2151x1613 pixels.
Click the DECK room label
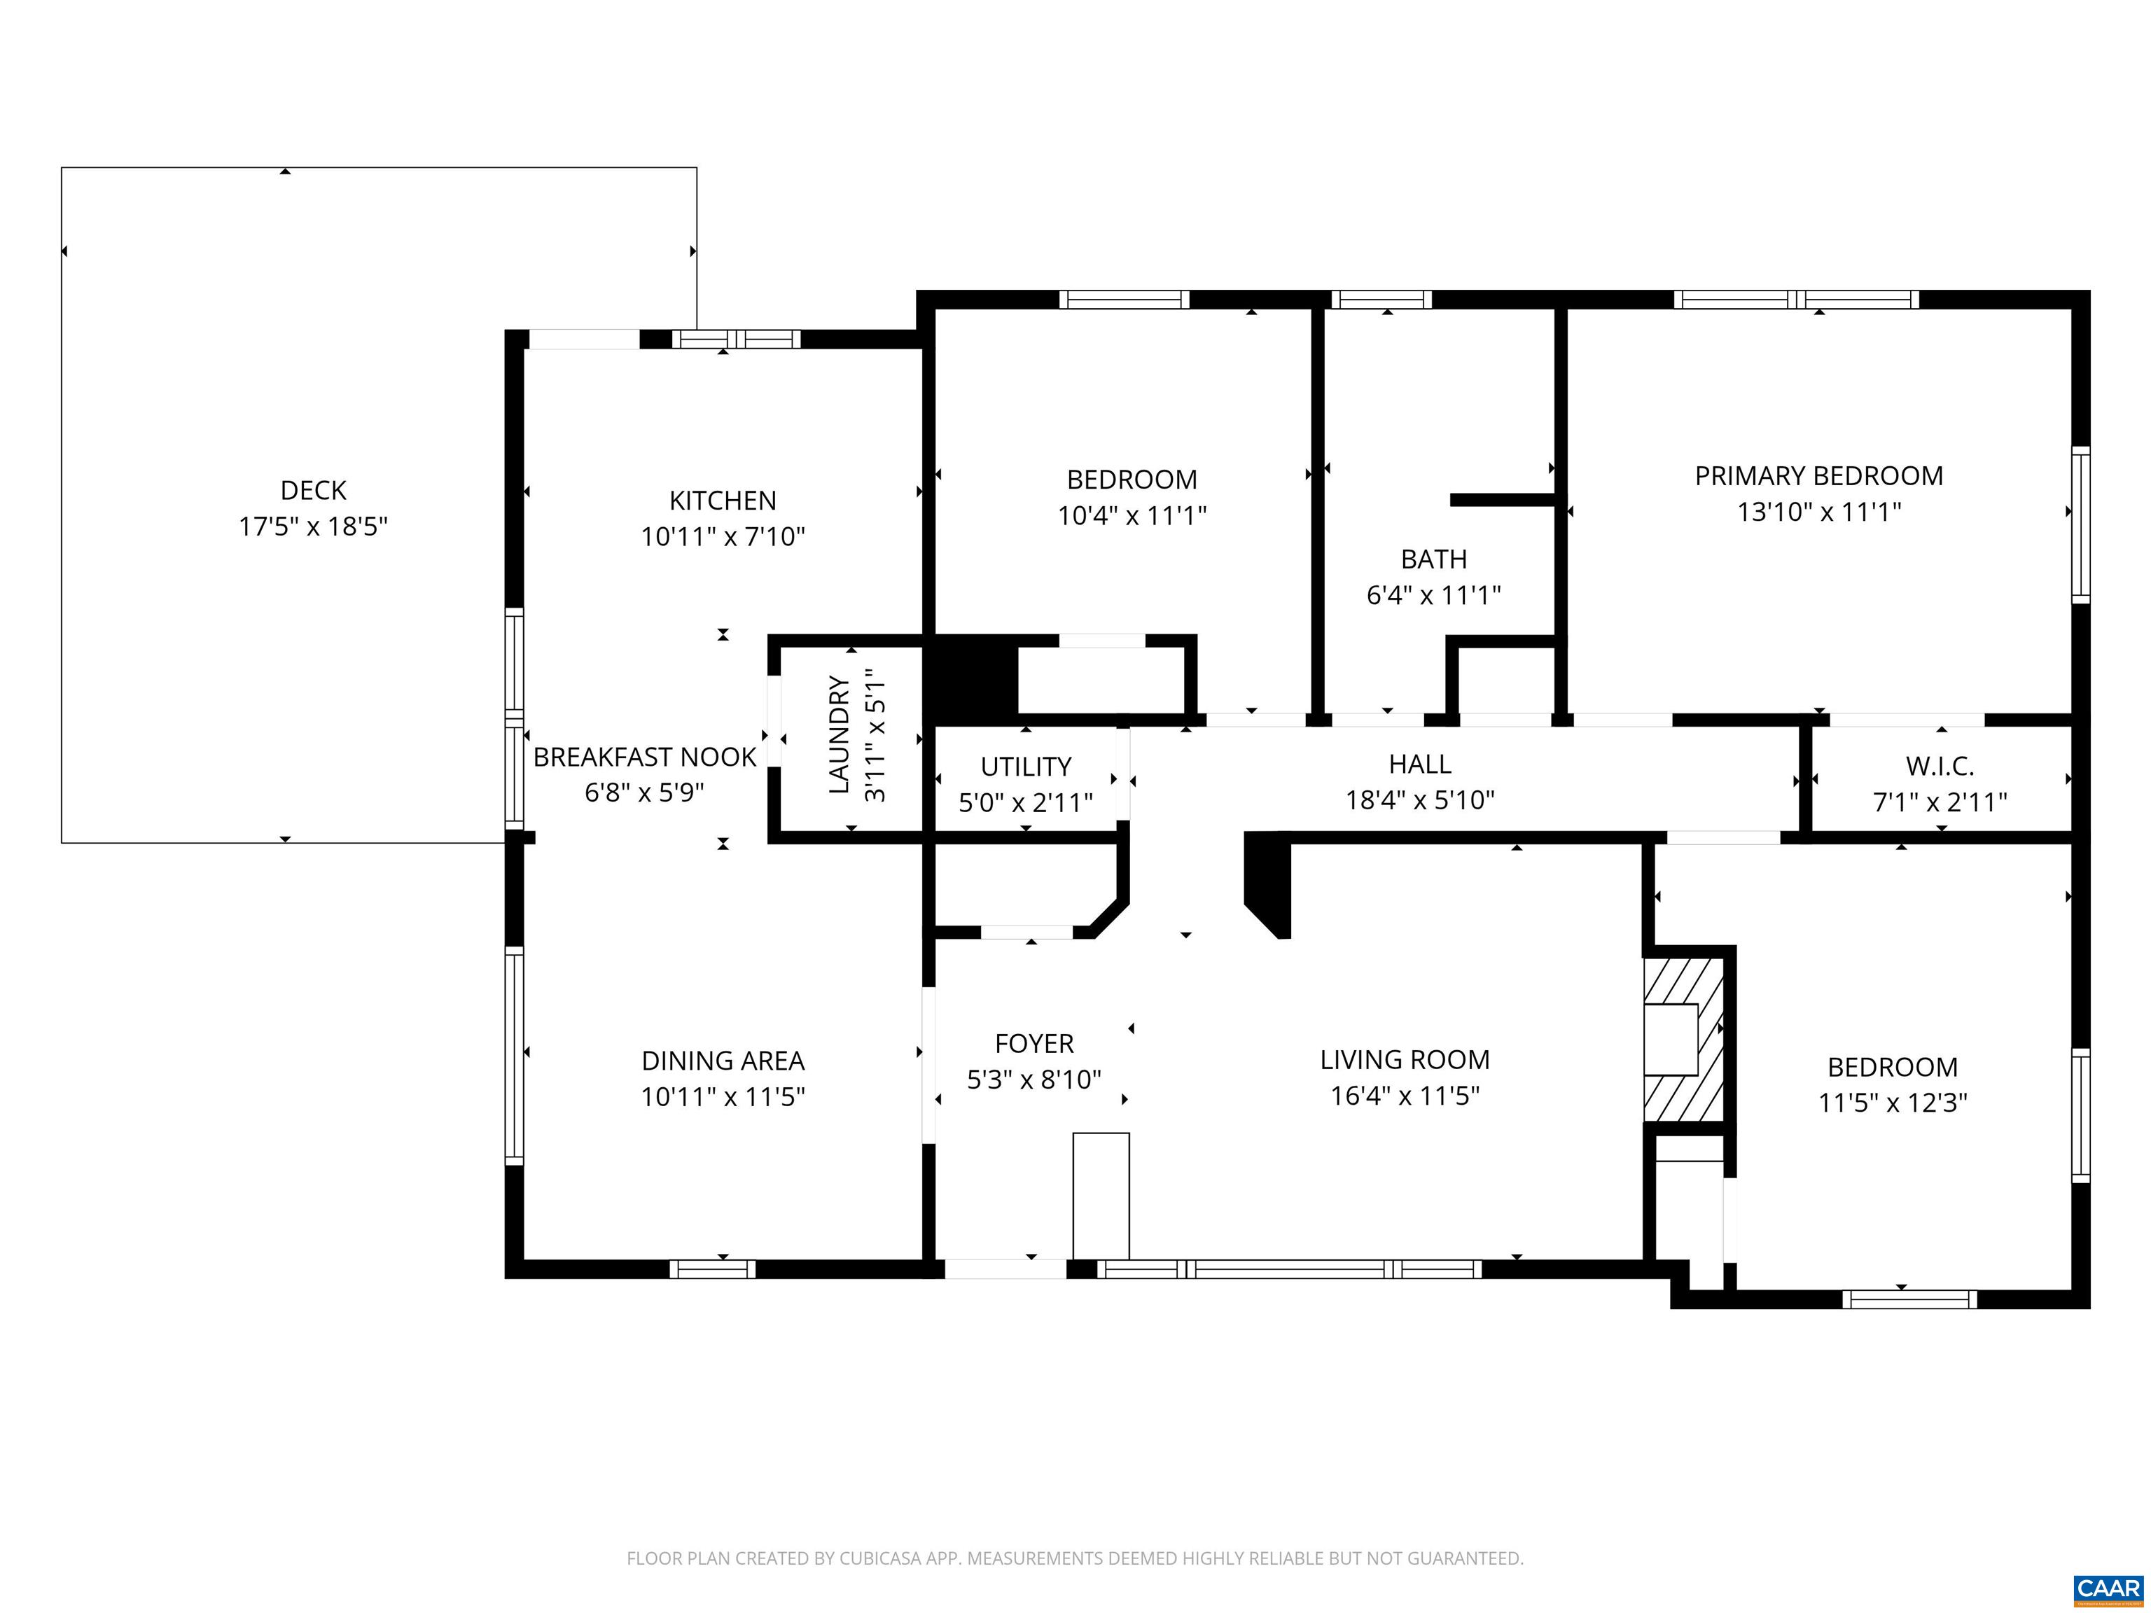click(313, 490)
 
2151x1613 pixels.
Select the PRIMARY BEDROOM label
click(1818, 475)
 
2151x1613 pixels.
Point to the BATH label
click(1433, 559)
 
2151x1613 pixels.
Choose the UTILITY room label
click(1025, 766)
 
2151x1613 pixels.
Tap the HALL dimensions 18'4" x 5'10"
click(1419, 800)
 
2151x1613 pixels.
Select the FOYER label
click(1033, 1043)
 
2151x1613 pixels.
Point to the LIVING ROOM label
click(1404, 1060)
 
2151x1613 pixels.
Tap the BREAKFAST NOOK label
click(643, 756)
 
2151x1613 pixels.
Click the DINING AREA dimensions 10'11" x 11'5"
click(723, 1097)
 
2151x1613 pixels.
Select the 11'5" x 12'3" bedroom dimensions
click(1893, 1103)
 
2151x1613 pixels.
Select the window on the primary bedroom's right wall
click(2080, 525)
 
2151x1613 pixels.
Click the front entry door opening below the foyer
click(1005, 1269)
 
